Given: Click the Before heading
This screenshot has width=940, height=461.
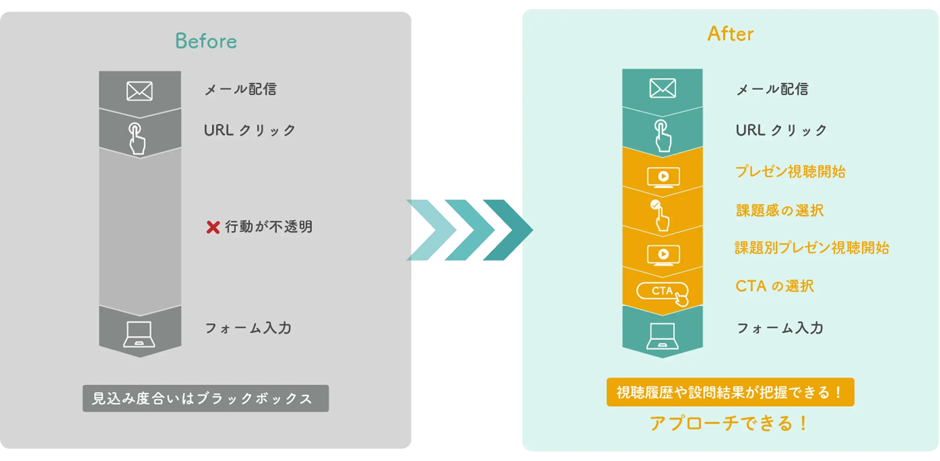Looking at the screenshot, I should (x=206, y=41).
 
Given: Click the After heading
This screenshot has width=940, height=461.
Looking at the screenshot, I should (x=730, y=34).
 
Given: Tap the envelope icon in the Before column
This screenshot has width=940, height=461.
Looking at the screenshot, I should (x=139, y=91).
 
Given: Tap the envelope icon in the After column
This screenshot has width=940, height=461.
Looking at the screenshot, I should (x=662, y=88).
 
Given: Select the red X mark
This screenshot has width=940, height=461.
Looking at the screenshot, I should (x=213, y=227).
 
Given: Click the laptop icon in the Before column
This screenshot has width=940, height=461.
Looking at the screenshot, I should (x=139, y=334).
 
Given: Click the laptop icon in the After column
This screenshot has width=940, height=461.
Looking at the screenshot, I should (x=662, y=336).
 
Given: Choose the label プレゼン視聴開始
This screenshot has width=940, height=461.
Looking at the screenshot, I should (x=790, y=171).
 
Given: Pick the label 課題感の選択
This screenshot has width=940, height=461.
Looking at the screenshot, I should (x=780, y=210).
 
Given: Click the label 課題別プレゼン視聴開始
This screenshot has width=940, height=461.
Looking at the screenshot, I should (x=811, y=248).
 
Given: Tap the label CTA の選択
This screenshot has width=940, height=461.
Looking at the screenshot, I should (x=774, y=286).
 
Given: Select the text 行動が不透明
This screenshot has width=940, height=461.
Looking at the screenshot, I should (x=269, y=227).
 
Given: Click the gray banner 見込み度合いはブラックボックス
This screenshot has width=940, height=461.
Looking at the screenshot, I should (x=205, y=398).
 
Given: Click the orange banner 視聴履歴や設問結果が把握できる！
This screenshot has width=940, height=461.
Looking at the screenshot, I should (x=730, y=392).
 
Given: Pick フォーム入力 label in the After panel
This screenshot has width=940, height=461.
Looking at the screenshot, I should (x=780, y=328).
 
